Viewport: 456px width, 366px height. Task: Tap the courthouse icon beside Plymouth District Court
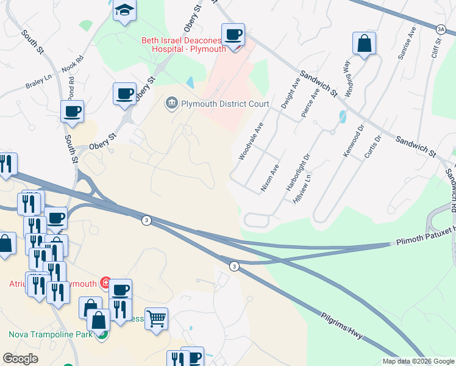pos(171,103)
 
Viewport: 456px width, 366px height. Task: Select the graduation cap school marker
pos(125,10)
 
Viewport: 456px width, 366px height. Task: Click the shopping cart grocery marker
pos(157,318)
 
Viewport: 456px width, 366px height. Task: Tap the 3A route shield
pos(441,29)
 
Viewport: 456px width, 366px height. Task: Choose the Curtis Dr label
pos(372,146)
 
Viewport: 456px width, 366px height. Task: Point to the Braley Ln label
pos(38,82)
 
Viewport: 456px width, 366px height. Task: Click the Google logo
pos(20,359)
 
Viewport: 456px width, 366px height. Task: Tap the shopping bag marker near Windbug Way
pos(364,43)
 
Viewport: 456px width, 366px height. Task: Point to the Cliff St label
pos(434,55)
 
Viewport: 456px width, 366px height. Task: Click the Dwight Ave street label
pos(290,95)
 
